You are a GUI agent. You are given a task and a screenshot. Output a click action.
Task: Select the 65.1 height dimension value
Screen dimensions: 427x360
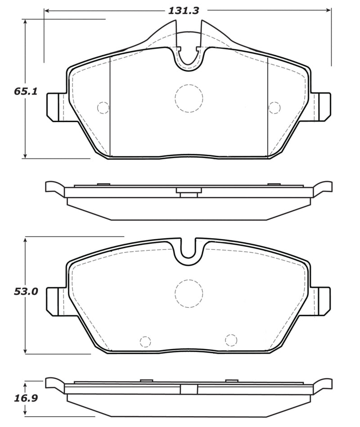[26, 91]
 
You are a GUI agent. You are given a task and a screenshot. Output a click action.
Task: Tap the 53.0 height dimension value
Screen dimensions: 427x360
[26, 291]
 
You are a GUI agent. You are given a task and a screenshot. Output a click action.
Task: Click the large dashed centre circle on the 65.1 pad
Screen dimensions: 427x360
[189, 98]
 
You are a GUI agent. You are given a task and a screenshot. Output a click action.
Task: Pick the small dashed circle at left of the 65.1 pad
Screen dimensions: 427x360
[103, 108]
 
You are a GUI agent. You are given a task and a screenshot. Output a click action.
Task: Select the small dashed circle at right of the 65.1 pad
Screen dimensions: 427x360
[274, 108]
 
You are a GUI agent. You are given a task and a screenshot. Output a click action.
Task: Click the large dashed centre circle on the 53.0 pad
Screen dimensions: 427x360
[189, 294]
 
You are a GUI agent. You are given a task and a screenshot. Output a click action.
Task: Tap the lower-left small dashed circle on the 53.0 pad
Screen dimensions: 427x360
[145, 341]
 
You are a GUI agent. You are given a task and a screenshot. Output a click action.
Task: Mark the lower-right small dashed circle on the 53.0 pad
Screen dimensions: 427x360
[231, 340]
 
